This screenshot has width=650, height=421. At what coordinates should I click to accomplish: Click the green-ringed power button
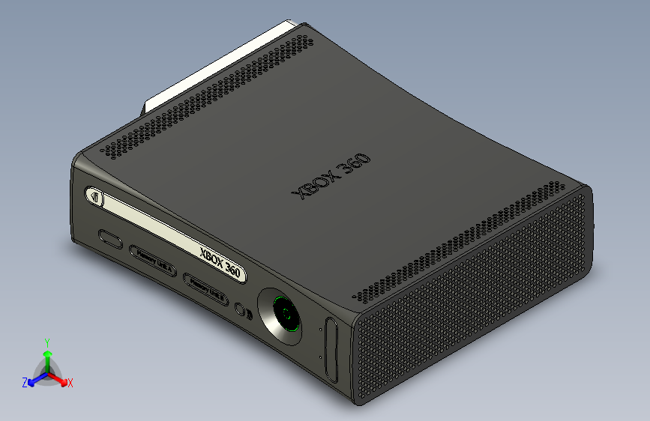point(285,315)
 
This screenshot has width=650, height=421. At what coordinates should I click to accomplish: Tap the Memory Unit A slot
point(153,256)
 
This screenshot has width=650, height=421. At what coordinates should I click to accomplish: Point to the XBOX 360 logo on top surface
point(333,177)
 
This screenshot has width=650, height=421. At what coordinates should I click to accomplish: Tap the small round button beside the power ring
point(240,309)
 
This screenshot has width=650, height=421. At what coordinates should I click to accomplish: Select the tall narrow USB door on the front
point(331,348)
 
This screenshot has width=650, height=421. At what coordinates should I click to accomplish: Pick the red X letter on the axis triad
point(70,383)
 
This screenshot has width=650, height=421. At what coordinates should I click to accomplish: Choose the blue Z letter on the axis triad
point(25,382)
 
